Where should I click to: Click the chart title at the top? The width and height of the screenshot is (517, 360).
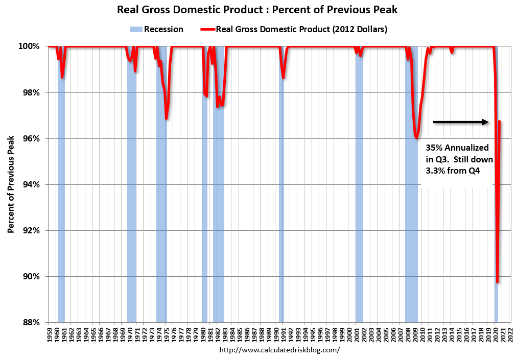[x=257, y=10]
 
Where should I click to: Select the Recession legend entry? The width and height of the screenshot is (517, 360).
[x=157, y=30]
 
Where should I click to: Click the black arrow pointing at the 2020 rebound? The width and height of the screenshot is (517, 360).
[x=460, y=122]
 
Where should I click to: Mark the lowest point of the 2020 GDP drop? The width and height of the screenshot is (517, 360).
[x=497, y=282]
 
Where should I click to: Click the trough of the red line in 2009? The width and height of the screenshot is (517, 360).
[x=417, y=138]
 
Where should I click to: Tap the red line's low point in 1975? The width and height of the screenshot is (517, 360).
[x=167, y=118]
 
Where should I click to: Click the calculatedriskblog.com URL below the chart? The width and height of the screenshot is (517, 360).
[x=279, y=350]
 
